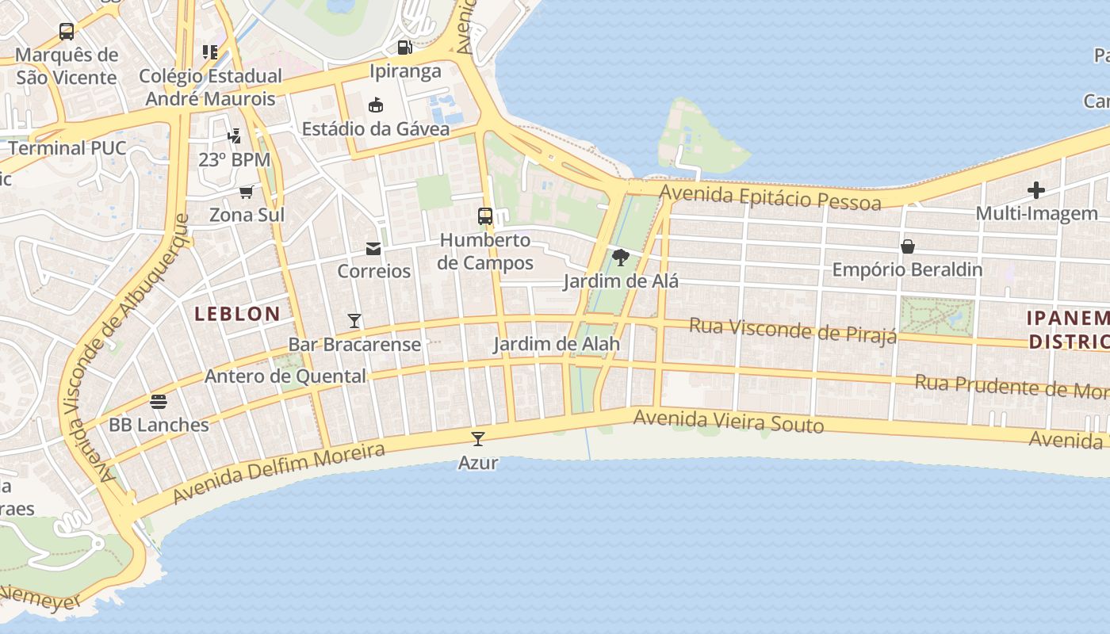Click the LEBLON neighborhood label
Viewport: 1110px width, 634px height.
point(237,314)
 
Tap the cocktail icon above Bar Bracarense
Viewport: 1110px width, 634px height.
point(354,321)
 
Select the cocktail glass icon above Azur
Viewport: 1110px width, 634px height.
point(478,439)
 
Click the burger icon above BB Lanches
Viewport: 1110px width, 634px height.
point(159,401)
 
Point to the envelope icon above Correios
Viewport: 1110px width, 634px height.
point(373,249)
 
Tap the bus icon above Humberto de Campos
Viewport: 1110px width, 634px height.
point(484,216)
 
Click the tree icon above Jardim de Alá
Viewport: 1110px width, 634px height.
point(621,258)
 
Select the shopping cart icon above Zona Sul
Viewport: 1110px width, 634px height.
point(247,192)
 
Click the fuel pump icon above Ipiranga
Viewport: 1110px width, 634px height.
point(405,48)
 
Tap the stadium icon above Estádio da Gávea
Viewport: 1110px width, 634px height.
point(376,105)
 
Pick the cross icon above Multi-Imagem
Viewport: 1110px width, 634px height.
point(1036,190)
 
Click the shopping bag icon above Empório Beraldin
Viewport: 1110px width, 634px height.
point(908,246)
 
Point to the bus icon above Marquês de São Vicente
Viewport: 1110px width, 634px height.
point(67,32)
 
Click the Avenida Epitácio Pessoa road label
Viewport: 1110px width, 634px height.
point(770,197)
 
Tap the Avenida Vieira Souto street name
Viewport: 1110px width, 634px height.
point(729,421)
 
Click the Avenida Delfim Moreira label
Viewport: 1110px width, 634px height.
point(278,473)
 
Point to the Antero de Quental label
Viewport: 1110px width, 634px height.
point(285,376)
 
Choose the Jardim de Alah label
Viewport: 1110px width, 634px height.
point(557,345)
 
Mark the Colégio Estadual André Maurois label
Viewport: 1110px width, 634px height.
point(210,87)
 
